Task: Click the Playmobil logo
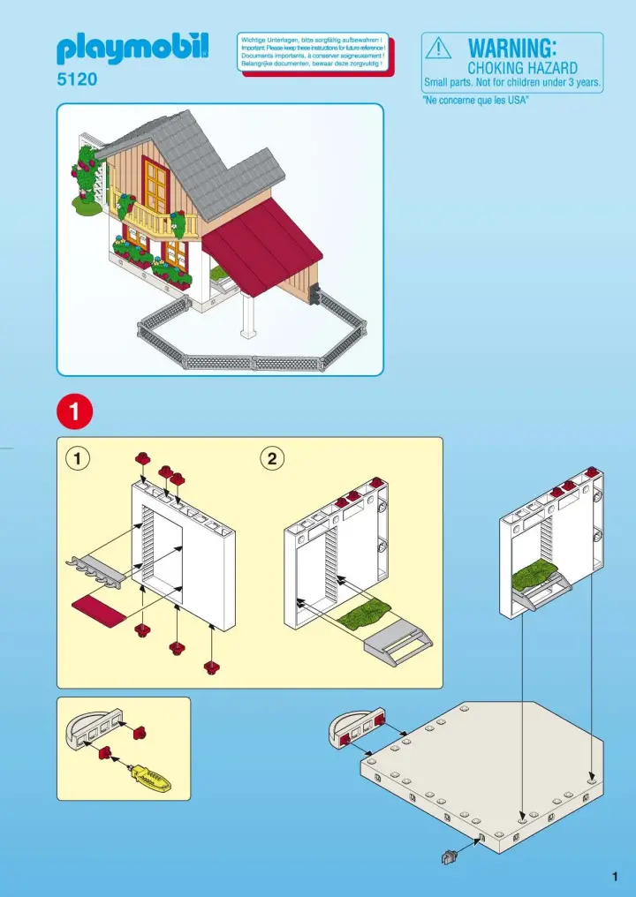coord(132,48)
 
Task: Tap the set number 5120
coord(77,80)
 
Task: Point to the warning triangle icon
coord(438,49)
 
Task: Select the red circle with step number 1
coord(74,411)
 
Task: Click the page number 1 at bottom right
coord(613,876)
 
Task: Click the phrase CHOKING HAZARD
coord(522,68)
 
